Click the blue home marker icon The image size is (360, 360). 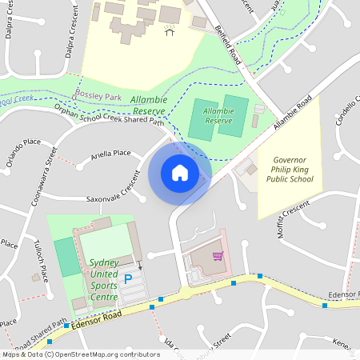[x=179, y=173]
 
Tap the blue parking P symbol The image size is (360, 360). [x=127, y=279]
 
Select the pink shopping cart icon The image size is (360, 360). [x=218, y=256]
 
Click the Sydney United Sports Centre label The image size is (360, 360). [x=104, y=280]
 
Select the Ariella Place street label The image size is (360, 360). [x=110, y=153]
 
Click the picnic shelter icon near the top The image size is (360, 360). [x=169, y=30]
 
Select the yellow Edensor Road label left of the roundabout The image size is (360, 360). [x=95, y=318]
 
